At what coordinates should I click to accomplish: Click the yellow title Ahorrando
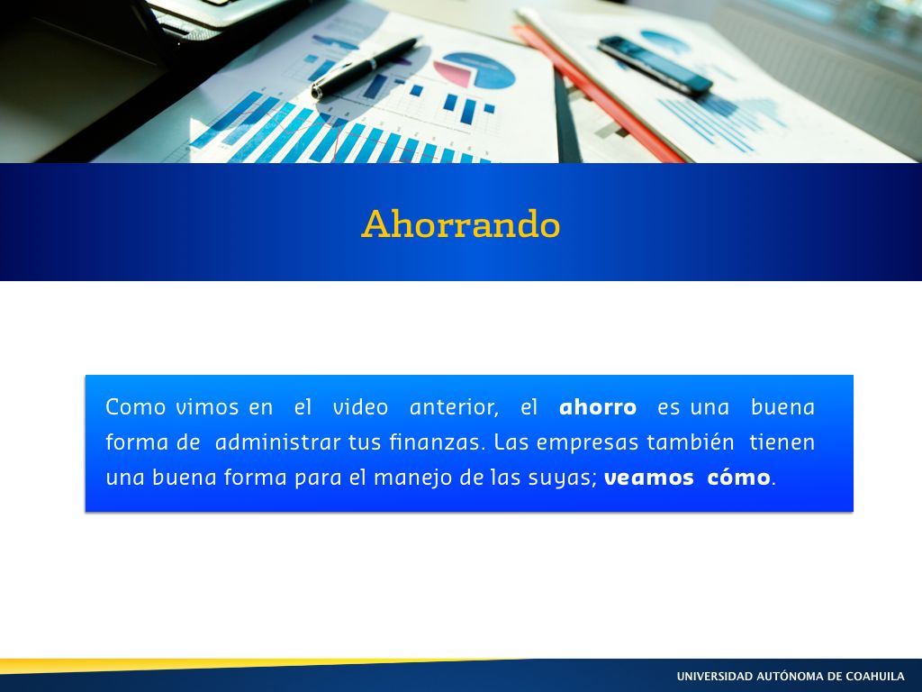coord(460,223)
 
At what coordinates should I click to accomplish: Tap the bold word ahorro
coord(598,406)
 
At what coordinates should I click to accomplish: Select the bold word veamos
coord(648,478)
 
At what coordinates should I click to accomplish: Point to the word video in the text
coord(360,406)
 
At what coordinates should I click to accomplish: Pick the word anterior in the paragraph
coord(454,407)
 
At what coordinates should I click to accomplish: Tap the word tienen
coord(782,442)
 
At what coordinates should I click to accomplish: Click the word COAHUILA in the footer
coord(875,676)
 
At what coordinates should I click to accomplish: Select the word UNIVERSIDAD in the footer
coord(714,676)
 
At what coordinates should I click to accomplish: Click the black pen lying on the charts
coord(366,67)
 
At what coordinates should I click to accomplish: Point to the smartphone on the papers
coord(655,65)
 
